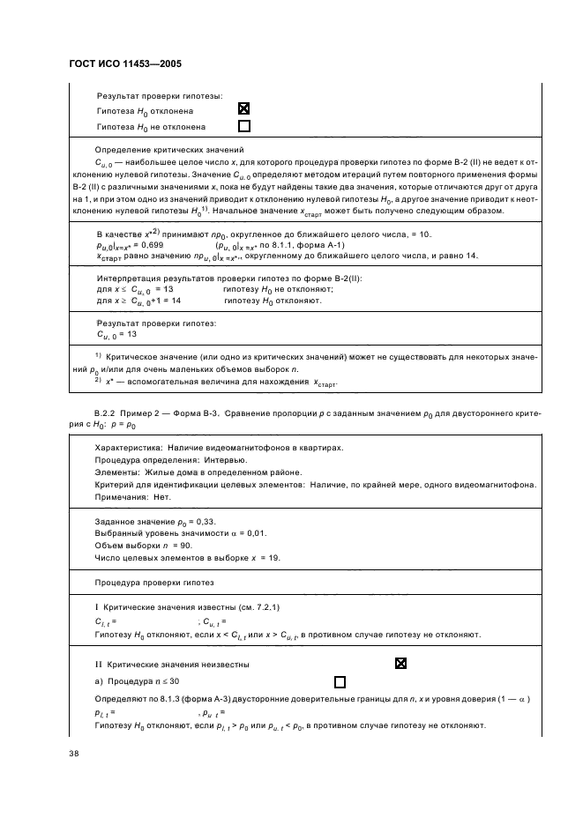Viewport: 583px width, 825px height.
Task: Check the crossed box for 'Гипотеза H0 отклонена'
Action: (244, 110)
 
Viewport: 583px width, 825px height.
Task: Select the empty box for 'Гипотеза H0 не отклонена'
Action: (244, 126)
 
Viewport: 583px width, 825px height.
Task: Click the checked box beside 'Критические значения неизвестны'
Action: (401, 663)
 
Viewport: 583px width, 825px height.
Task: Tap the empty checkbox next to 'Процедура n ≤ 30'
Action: (340, 681)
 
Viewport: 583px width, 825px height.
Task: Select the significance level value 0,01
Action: (256, 533)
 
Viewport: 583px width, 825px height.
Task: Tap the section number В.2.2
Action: (107, 413)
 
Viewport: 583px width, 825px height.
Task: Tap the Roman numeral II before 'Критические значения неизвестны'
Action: (98, 663)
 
